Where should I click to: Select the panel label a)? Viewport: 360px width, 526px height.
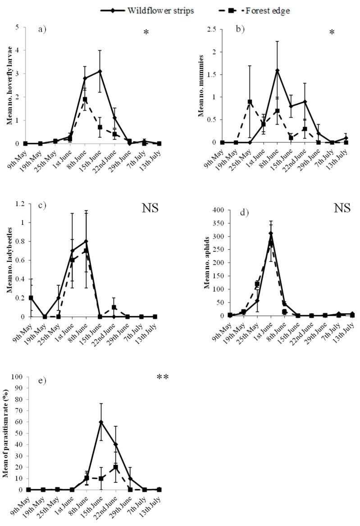click(43, 31)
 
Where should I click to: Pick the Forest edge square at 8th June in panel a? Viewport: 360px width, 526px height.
click(85, 99)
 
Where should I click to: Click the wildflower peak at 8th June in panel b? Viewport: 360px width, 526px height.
click(277, 70)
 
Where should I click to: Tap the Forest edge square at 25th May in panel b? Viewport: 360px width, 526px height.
click(250, 102)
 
